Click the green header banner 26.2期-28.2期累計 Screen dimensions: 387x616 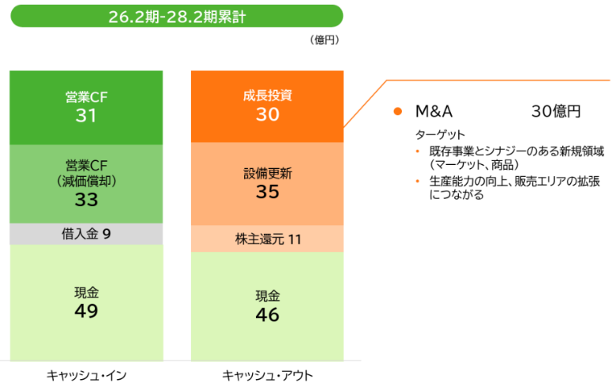point(176,16)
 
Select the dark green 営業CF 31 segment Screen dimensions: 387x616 point(86,107)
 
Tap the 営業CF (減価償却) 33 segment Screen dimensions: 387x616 point(86,183)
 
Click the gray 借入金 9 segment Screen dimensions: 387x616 point(86,234)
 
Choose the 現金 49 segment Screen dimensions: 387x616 point(86,302)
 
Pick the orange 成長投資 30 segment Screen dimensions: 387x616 point(268,106)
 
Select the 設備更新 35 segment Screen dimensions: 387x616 point(268,183)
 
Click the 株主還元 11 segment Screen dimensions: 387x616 point(268,238)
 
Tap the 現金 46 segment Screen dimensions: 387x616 point(268,306)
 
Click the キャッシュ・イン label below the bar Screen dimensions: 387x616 point(86,374)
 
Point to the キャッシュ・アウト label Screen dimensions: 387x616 point(268,374)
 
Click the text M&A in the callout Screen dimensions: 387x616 point(434,111)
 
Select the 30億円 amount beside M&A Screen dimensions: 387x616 point(556,111)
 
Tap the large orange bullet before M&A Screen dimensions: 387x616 point(399,111)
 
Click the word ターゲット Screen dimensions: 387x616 point(440,134)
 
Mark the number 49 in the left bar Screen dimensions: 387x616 point(86,311)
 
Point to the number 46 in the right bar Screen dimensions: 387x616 point(268,315)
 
